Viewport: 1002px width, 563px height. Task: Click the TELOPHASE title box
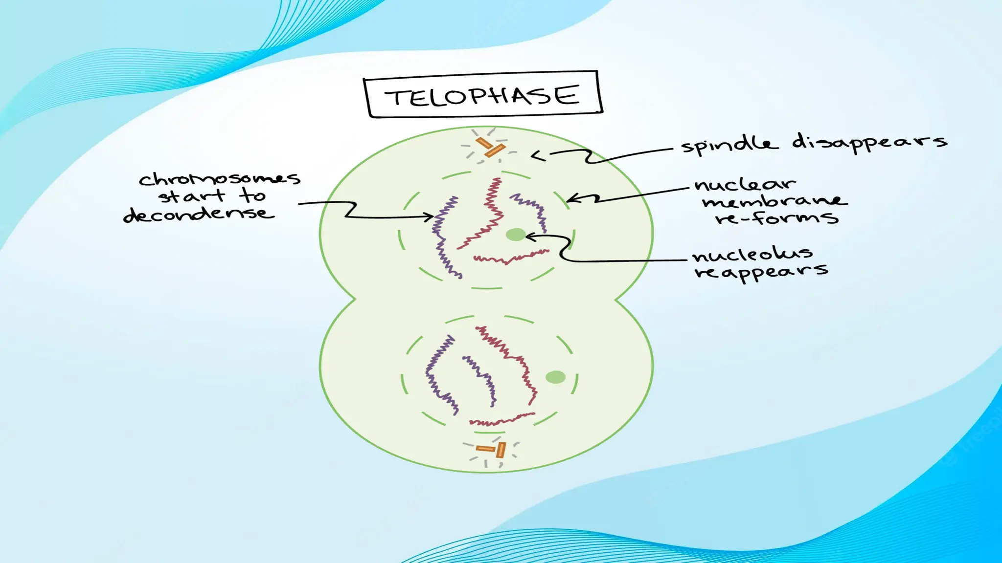[483, 95]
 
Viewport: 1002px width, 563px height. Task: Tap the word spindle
[729, 145]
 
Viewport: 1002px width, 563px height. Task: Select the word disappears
[869, 142]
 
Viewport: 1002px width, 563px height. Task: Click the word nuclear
[745, 185]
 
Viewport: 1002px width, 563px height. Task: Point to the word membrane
[774, 201]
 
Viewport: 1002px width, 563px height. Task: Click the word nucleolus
[752, 255]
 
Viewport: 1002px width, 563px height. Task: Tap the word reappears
[761, 271]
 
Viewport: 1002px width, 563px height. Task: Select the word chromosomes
[219, 179]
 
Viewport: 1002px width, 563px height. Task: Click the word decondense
[199, 214]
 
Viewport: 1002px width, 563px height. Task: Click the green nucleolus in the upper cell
[515, 235]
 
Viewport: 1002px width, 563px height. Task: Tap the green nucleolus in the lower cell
[555, 377]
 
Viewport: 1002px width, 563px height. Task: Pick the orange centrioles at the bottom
[492, 449]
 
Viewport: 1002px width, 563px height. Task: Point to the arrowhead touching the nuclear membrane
[569, 199]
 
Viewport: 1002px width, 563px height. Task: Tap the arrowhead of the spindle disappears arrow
[535, 156]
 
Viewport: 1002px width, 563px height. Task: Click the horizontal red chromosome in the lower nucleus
[501, 419]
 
